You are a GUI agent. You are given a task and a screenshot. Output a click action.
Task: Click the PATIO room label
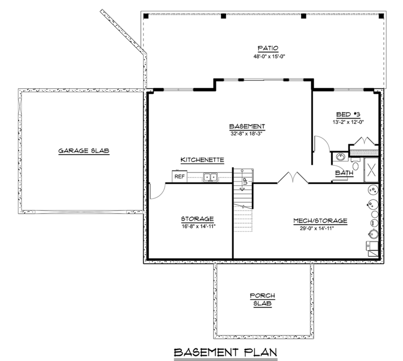click(x=268, y=48)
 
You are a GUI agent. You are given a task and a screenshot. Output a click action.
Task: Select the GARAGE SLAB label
click(x=84, y=151)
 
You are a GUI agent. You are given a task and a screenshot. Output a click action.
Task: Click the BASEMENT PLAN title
click(x=226, y=352)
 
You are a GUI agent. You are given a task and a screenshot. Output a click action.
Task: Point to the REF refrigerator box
click(x=179, y=176)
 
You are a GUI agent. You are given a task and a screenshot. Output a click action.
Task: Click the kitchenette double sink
click(x=210, y=177)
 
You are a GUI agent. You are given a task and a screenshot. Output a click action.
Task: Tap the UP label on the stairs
click(x=245, y=181)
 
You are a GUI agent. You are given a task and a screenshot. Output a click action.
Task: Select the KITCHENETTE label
click(x=202, y=160)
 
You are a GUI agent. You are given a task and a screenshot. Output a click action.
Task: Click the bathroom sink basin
click(x=340, y=156)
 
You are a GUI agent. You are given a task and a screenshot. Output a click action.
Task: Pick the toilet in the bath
click(x=355, y=164)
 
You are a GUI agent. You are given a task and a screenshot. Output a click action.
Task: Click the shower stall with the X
click(x=372, y=170)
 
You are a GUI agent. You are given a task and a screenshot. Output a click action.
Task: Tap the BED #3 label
click(x=348, y=114)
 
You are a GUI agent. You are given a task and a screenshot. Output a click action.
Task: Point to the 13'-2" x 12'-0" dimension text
click(x=348, y=122)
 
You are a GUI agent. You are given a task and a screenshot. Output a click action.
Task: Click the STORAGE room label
click(x=197, y=219)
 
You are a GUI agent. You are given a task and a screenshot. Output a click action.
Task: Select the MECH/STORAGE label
click(x=320, y=221)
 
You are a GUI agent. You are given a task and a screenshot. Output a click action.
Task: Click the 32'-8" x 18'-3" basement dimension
click(x=247, y=134)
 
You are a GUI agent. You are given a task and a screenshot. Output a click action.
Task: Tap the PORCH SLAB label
click(x=262, y=300)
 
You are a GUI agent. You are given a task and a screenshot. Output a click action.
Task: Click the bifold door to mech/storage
click(x=293, y=177)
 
